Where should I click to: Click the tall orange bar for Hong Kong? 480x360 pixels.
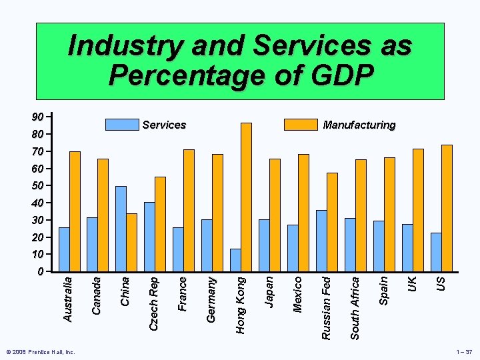click(246, 197)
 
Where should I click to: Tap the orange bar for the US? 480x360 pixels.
click(447, 208)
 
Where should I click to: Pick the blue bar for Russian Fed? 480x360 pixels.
click(321, 241)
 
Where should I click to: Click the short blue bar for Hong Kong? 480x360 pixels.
click(235, 260)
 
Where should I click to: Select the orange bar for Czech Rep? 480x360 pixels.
click(160, 224)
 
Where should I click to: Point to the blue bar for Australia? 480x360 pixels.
click(64, 249)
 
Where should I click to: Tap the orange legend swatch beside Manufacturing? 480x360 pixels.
click(300, 125)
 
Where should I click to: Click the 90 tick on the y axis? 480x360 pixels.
click(39, 117)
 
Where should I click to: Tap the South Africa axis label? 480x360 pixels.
click(355, 308)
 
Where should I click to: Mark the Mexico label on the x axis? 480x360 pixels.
click(298, 294)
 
